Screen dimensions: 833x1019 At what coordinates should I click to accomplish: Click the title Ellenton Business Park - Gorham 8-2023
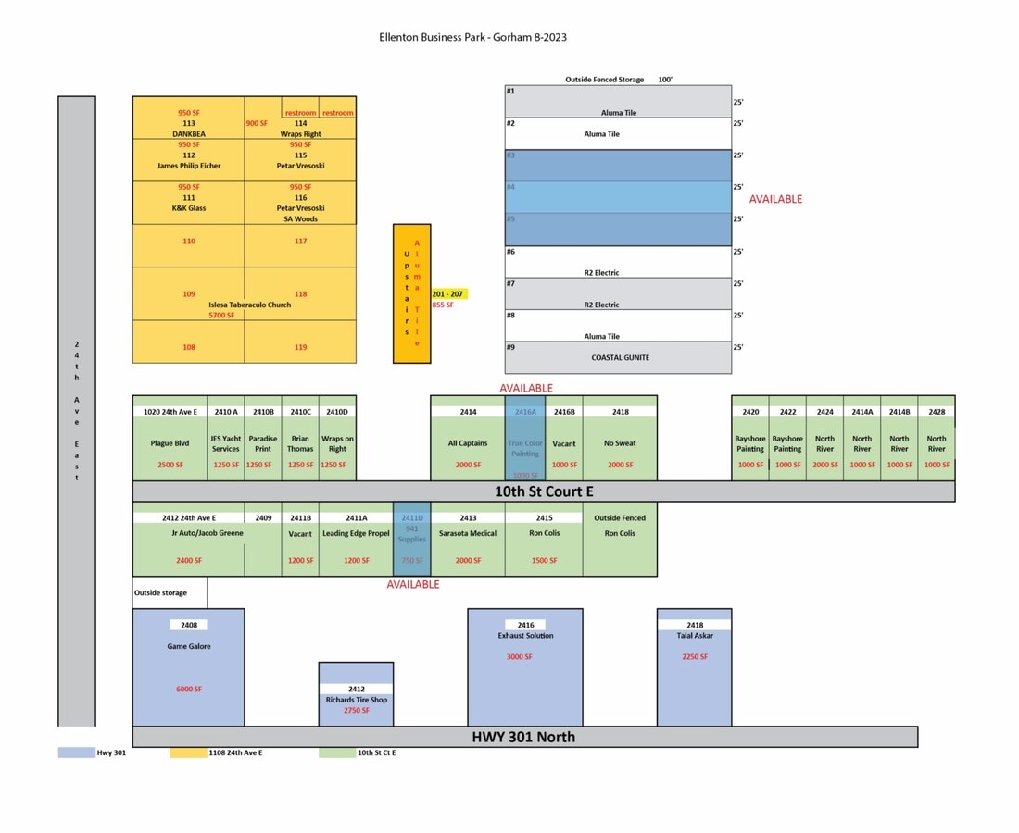[472, 37]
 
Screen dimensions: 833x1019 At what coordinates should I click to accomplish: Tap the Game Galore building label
[188, 646]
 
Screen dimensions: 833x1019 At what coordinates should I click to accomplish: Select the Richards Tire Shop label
[356, 700]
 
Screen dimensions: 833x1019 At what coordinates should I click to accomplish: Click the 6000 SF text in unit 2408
[188, 689]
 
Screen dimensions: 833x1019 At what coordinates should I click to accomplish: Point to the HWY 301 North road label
[524, 737]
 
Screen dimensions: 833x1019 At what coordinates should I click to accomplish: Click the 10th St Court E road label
[543, 491]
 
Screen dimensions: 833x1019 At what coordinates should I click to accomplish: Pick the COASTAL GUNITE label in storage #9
[620, 357]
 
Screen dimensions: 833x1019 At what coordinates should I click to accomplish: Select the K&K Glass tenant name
[188, 208]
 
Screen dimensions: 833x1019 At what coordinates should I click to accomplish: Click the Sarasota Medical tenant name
[468, 533]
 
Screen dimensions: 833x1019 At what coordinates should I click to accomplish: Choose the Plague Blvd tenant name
[170, 443]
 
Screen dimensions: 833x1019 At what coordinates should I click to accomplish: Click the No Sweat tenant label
[620, 443]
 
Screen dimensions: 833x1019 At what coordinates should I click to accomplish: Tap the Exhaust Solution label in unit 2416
[525, 636]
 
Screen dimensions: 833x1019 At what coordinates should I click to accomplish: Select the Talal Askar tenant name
[695, 636]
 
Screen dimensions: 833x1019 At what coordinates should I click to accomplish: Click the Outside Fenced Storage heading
[604, 80]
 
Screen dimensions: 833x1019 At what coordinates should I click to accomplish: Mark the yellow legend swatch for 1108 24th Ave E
[188, 752]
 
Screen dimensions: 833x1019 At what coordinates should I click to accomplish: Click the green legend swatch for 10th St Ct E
[337, 752]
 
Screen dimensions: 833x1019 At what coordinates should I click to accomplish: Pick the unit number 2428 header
[937, 412]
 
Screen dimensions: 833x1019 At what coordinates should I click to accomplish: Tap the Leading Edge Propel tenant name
[356, 533]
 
